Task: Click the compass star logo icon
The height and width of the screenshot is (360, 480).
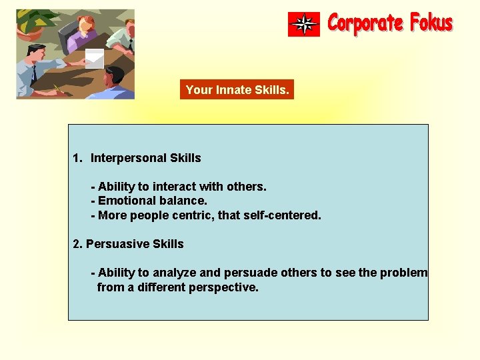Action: (304, 24)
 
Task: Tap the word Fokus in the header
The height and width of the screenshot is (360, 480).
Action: (431, 23)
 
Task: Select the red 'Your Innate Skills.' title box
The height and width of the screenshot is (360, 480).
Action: (237, 89)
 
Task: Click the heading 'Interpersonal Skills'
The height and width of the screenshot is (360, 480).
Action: (145, 158)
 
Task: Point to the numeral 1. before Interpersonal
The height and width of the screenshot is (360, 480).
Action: (77, 158)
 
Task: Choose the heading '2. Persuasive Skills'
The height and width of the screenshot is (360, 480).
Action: (128, 244)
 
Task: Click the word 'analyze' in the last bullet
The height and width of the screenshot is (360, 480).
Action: (173, 273)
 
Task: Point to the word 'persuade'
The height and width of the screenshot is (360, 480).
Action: (244, 273)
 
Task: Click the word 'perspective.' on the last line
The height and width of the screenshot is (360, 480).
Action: (226, 287)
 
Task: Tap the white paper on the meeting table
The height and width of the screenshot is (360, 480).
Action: (94, 58)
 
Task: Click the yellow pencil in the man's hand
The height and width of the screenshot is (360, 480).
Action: (57, 87)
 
